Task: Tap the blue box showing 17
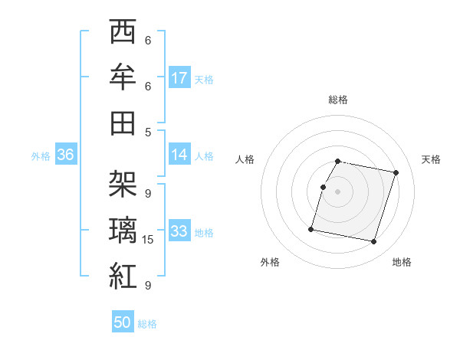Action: (179, 77)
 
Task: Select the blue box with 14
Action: (179, 154)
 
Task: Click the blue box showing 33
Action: (179, 231)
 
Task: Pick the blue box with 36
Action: (65, 155)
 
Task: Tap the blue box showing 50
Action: (123, 322)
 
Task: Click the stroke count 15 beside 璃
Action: (148, 240)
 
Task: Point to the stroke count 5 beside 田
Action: (148, 132)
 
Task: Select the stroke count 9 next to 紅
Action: (148, 285)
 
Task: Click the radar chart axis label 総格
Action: (338, 100)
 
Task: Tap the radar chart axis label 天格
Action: (431, 159)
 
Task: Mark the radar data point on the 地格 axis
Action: (374, 242)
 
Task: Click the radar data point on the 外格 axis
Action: (311, 229)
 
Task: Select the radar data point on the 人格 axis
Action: (324, 187)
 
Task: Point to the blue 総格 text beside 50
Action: (147, 324)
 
